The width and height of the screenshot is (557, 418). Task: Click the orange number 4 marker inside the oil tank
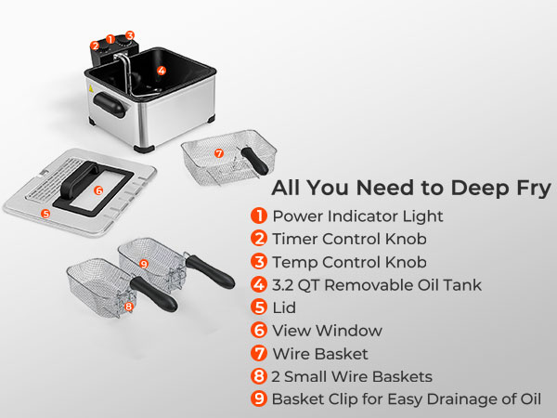pos(162,71)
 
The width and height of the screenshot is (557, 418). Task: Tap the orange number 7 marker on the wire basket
pos(219,153)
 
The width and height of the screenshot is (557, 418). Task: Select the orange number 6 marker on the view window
pos(98,190)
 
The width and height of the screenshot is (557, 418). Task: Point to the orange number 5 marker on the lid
pos(45,214)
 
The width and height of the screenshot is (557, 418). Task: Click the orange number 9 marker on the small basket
pos(144,264)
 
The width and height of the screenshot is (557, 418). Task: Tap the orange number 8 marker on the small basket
pos(129,307)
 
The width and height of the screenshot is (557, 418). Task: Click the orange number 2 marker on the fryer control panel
pos(95,46)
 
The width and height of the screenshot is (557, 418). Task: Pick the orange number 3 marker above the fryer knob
pos(130,35)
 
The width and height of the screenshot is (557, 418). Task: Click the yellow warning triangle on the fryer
pos(91,88)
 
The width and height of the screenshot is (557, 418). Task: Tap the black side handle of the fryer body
pos(110,104)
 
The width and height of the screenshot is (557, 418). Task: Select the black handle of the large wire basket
pos(254,161)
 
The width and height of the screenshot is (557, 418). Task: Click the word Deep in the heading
pos(479,189)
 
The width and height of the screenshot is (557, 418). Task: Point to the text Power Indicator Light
pos(357,216)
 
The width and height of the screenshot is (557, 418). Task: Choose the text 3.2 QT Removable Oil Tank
pos(377,285)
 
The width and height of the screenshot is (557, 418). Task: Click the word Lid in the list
pos(284,307)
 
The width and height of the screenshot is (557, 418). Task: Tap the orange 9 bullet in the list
pos(259,398)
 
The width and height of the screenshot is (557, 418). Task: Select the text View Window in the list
pos(327,331)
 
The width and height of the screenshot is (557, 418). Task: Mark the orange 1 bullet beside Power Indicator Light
pos(259,216)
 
